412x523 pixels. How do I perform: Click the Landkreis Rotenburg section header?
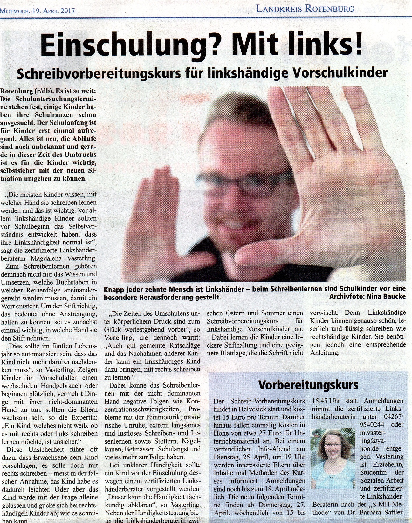click(x=305, y=9)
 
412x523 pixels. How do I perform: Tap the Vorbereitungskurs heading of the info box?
click(x=308, y=385)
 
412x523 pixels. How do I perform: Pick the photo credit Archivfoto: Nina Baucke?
click(x=367, y=297)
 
